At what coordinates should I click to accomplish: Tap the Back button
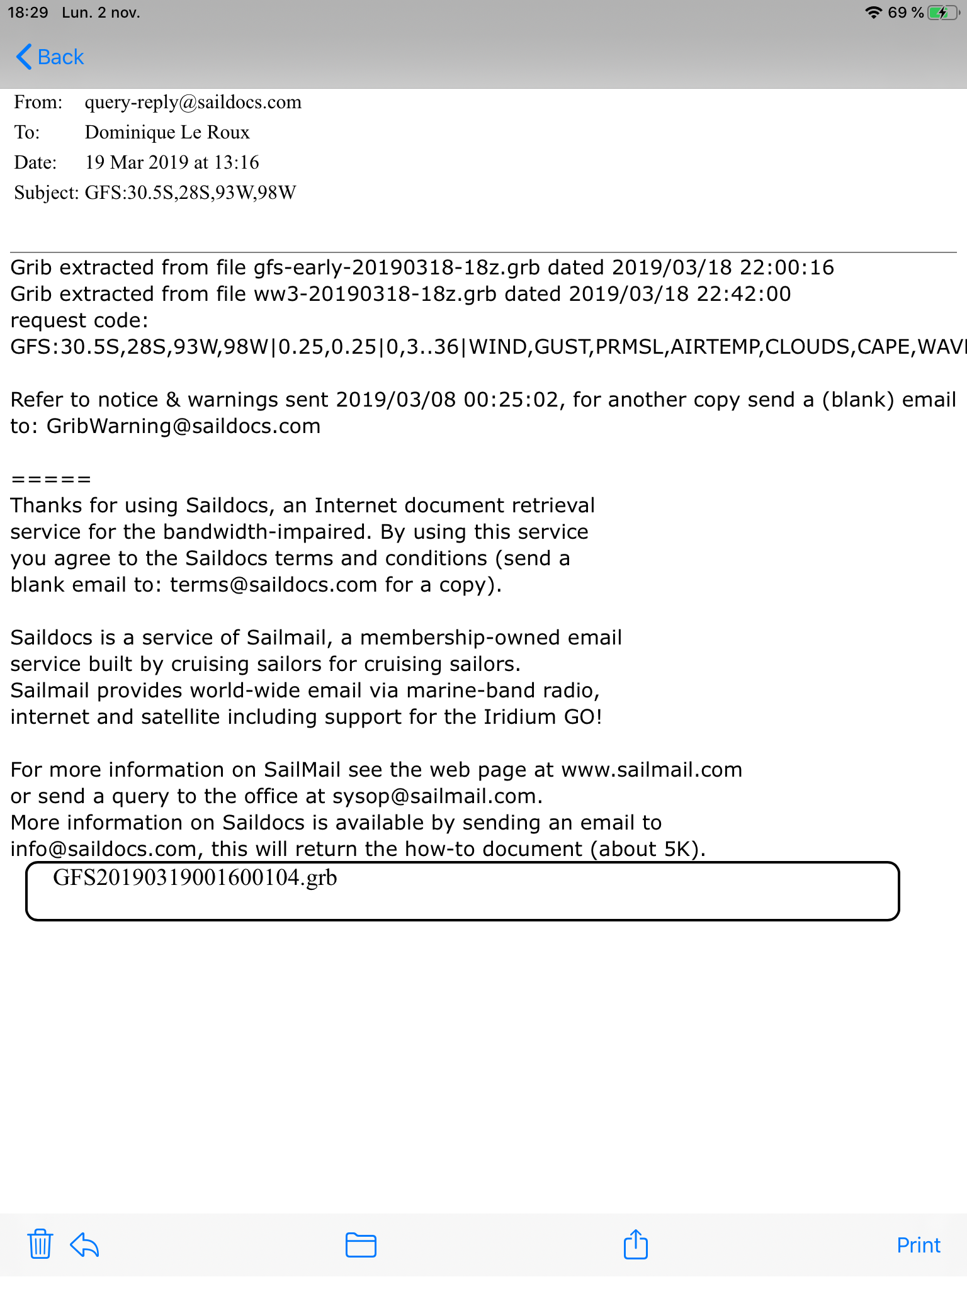pyautogui.click(x=50, y=57)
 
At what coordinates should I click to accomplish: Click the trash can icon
pyautogui.click(x=40, y=1244)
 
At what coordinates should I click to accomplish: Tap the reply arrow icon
pyautogui.click(x=84, y=1244)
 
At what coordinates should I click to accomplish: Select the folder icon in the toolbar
pyautogui.click(x=361, y=1244)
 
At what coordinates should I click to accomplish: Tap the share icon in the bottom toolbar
pyautogui.click(x=635, y=1244)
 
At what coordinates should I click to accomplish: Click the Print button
pyautogui.click(x=918, y=1245)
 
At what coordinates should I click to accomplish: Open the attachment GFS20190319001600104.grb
pyautogui.click(x=195, y=878)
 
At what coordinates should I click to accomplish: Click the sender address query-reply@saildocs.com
pyautogui.click(x=193, y=102)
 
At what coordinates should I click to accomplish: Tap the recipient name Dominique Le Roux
pyautogui.click(x=167, y=132)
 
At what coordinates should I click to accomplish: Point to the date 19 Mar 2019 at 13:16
pyautogui.click(x=172, y=162)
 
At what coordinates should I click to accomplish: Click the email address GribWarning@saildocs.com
pyautogui.click(x=183, y=426)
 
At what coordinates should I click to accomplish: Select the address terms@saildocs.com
pyautogui.click(x=273, y=585)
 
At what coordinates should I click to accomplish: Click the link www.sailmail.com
pyautogui.click(x=651, y=770)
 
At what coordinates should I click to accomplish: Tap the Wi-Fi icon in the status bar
pyautogui.click(x=873, y=13)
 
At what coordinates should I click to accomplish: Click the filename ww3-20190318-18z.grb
pyautogui.click(x=375, y=294)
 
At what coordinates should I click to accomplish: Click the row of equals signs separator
pyautogui.click(x=51, y=480)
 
